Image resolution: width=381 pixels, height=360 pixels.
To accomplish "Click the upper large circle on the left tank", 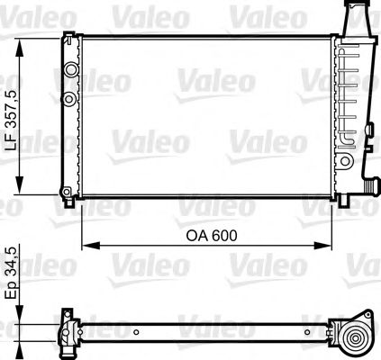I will (x=69, y=69).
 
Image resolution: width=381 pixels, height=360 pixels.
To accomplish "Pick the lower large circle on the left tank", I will (x=69, y=96).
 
